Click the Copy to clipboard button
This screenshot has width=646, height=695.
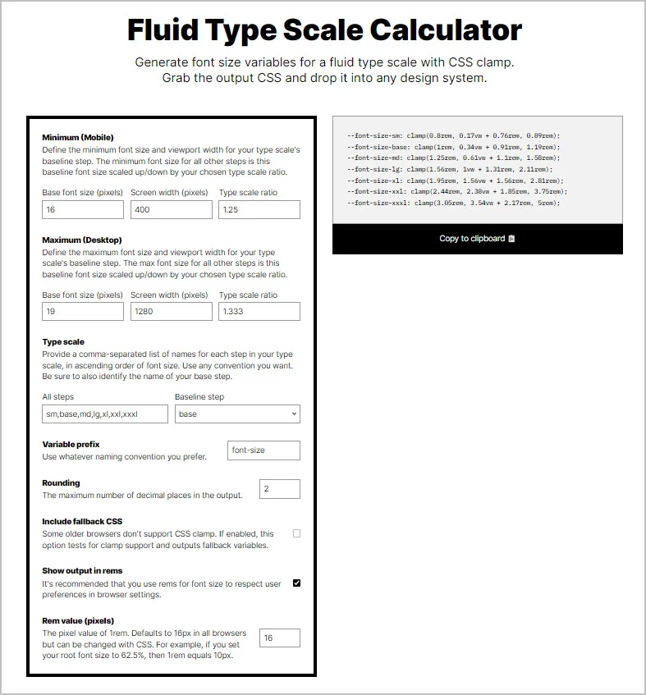(x=477, y=239)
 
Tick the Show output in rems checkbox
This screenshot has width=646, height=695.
(x=296, y=583)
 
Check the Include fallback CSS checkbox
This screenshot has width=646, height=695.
(x=296, y=533)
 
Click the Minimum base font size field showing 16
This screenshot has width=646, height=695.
(x=83, y=210)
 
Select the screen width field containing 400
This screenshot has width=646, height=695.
(x=171, y=210)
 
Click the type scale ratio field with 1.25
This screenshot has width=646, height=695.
(x=259, y=210)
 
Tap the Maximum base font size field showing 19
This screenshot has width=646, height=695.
(x=83, y=312)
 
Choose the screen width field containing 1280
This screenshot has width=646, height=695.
(x=171, y=312)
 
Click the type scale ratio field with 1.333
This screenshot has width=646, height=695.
(x=259, y=312)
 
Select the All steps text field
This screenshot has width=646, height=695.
(x=105, y=414)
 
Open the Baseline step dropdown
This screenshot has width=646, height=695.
(x=237, y=414)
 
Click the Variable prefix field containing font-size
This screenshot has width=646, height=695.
(x=263, y=450)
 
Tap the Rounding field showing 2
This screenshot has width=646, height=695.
(x=279, y=489)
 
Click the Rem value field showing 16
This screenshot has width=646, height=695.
(x=279, y=638)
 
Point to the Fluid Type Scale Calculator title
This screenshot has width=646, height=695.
(x=324, y=30)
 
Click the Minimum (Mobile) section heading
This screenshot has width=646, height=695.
(x=78, y=137)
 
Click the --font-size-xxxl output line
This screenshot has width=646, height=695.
(x=453, y=203)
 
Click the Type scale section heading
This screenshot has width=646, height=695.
(x=63, y=342)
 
